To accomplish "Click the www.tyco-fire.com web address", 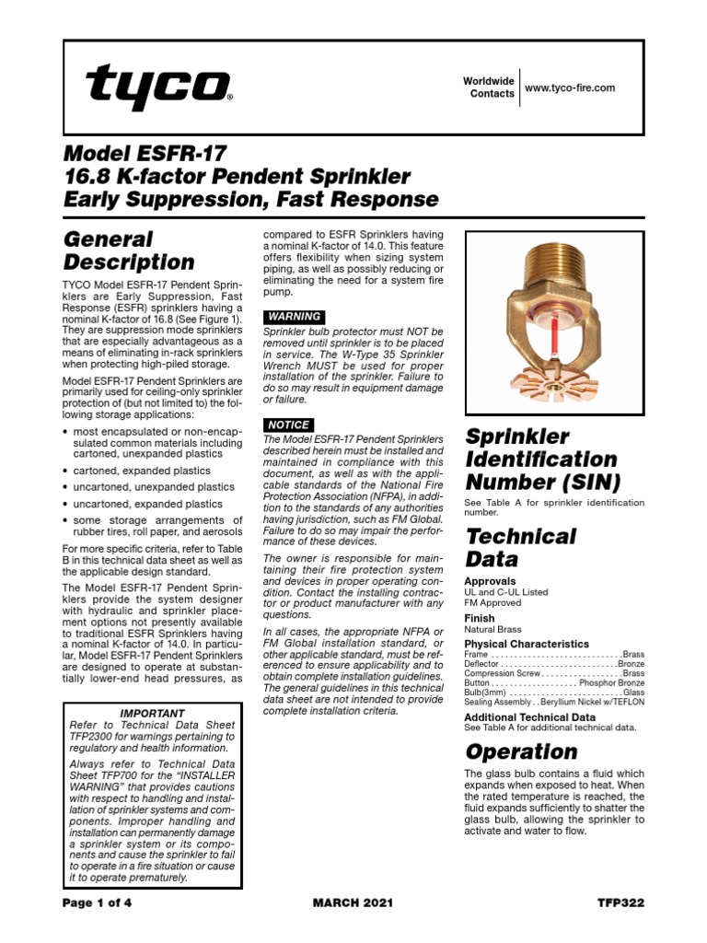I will (569, 87).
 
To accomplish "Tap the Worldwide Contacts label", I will (489, 87).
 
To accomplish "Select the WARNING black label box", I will (294, 316).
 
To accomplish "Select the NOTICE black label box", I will (289, 425).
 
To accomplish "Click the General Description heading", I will (128, 250).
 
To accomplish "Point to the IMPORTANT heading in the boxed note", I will (152, 713).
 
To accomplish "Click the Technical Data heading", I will (520, 547).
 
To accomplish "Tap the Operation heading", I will (521, 751).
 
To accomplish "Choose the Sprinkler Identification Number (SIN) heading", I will (541, 459).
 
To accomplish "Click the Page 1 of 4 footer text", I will (97, 902).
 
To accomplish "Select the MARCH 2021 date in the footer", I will (353, 902).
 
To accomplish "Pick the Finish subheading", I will (480, 619).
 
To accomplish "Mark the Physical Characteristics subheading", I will (527, 644).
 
